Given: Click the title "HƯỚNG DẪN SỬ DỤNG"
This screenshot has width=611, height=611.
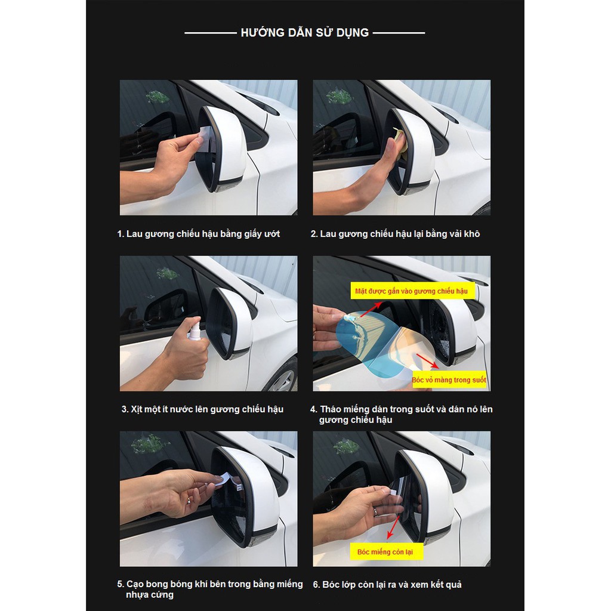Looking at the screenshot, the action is coord(305,32).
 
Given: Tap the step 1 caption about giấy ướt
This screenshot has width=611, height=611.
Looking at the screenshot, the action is coord(199,234).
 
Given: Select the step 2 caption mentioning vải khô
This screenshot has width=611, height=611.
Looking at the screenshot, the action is coord(395,234).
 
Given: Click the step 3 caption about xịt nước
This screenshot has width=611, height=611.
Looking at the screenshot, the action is coord(202,409).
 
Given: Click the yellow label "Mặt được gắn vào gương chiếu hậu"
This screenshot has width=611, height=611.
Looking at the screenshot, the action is coord(412,291).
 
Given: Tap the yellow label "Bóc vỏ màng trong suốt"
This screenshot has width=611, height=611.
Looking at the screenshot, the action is coord(449,379).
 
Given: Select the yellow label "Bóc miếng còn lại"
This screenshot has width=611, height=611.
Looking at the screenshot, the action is coord(385,552).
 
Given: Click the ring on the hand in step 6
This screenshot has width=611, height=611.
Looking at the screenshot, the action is coord(376,511).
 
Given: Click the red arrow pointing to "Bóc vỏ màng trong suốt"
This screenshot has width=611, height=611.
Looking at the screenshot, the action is coord(427,361).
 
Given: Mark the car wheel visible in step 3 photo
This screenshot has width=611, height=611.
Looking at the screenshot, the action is coord(282,374).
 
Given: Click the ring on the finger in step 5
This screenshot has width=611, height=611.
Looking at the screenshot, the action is coord(189,501).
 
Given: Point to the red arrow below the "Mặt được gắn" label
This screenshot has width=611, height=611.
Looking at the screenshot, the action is coord(370,310).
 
